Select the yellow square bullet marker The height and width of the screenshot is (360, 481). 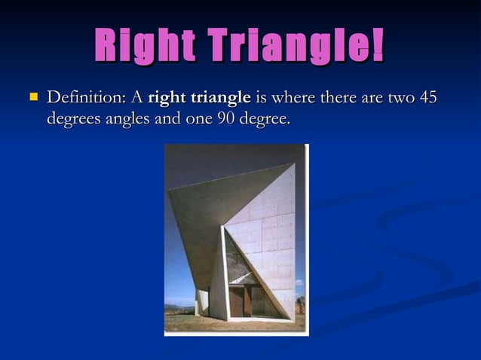tap(32, 97)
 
